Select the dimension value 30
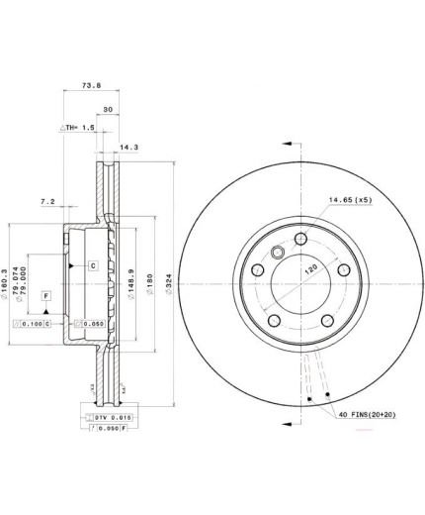tap(108, 109)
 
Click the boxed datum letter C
tap(92, 265)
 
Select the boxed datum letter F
tap(44, 295)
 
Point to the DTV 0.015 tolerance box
tap(111, 418)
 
